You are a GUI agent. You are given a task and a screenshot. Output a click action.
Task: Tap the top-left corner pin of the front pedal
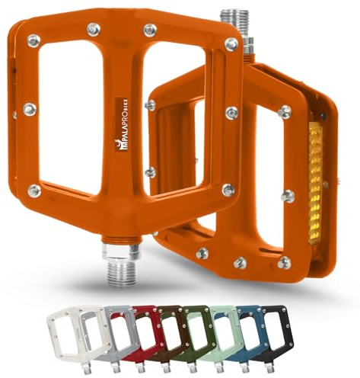pyautogui.click(x=33, y=40)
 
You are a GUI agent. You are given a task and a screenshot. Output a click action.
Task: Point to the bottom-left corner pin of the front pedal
pyautogui.click(x=34, y=190)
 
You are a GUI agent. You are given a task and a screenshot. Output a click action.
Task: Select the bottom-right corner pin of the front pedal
pyautogui.click(x=228, y=190)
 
